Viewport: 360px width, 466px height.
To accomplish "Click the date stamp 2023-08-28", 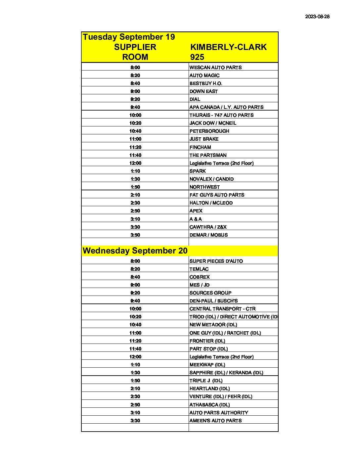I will (x=317, y=17).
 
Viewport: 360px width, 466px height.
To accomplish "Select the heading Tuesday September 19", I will (x=129, y=37).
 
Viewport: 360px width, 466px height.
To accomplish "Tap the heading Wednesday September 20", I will (x=135, y=251).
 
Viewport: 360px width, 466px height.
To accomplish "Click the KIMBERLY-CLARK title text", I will (x=228, y=47).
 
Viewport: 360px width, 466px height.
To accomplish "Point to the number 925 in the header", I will (x=197, y=57).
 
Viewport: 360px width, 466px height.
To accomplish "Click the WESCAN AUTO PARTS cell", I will (x=215, y=68).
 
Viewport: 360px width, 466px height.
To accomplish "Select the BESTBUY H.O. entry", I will (x=205, y=83).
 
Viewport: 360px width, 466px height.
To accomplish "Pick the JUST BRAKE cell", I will (x=204, y=139).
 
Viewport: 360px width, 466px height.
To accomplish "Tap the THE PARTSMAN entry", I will (x=208, y=155).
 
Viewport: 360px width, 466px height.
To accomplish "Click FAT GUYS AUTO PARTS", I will (x=217, y=195).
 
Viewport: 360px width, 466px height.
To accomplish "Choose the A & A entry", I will (x=196, y=219).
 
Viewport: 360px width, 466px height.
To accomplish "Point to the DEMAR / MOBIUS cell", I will (x=208, y=235).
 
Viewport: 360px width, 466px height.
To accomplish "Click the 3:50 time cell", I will (x=135, y=235).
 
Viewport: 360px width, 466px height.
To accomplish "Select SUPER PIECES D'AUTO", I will (x=216, y=261).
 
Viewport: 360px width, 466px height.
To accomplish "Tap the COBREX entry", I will (x=200, y=277).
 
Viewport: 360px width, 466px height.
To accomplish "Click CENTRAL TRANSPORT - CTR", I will (x=222, y=309).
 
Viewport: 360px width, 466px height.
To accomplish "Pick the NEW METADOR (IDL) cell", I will (x=213, y=325).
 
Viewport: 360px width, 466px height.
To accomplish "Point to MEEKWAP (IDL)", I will (x=207, y=365).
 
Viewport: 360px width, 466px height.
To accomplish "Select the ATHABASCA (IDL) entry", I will (x=209, y=405).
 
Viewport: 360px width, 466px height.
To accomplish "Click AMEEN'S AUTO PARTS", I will (x=215, y=421).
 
